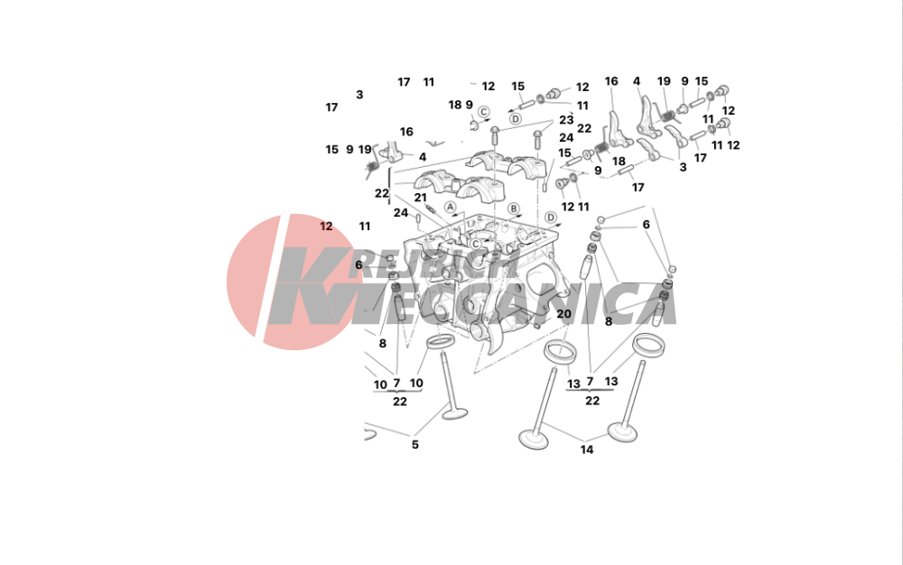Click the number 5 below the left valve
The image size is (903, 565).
[x=414, y=445]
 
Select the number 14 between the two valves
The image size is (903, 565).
[x=586, y=449]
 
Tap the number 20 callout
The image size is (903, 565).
[x=563, y=313]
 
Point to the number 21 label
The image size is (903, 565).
[x=421, y=198]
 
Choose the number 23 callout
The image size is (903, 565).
[x=566, y=120]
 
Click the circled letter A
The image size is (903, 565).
[x=450, y=207]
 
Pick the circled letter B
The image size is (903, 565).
[x=513, y=208]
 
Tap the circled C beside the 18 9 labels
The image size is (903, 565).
[x=484, y=112]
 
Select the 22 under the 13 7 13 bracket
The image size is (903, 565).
[x=592, y=401]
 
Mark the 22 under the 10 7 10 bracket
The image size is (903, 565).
[x=400, y=402]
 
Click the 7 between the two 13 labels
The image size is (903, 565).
[x=590, y=382]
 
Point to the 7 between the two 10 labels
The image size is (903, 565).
[x=396, y=384]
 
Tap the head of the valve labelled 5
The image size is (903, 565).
[x=454, y=412]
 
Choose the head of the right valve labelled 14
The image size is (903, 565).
[x=622, y=431]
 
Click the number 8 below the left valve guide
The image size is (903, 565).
[x=382, y=344]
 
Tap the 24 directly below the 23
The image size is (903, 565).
[x=566, y=137]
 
